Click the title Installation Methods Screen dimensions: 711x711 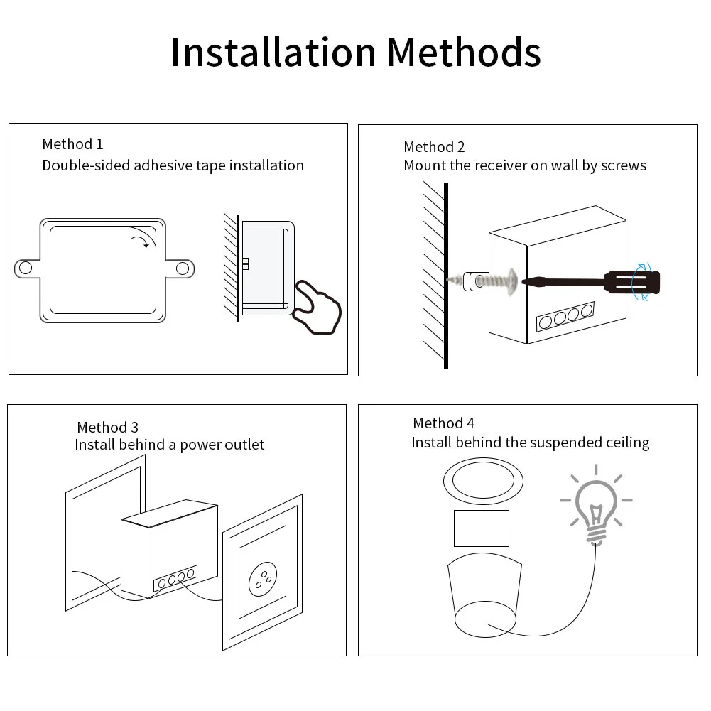tap(355, 52)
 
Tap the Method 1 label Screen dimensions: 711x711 tap(72, 144)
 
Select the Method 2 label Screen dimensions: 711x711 tap(434, 147)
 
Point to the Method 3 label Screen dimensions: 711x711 tap(107, 427)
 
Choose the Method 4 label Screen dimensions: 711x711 tap(443, 423)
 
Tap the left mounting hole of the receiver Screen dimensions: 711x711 tap(26, 268)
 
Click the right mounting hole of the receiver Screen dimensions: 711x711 tap(183, 268)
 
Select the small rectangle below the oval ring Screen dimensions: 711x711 tap(482, 528)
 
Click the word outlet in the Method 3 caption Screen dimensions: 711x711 tap(244, 445)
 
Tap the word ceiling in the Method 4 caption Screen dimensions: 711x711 tap(627, 443)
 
